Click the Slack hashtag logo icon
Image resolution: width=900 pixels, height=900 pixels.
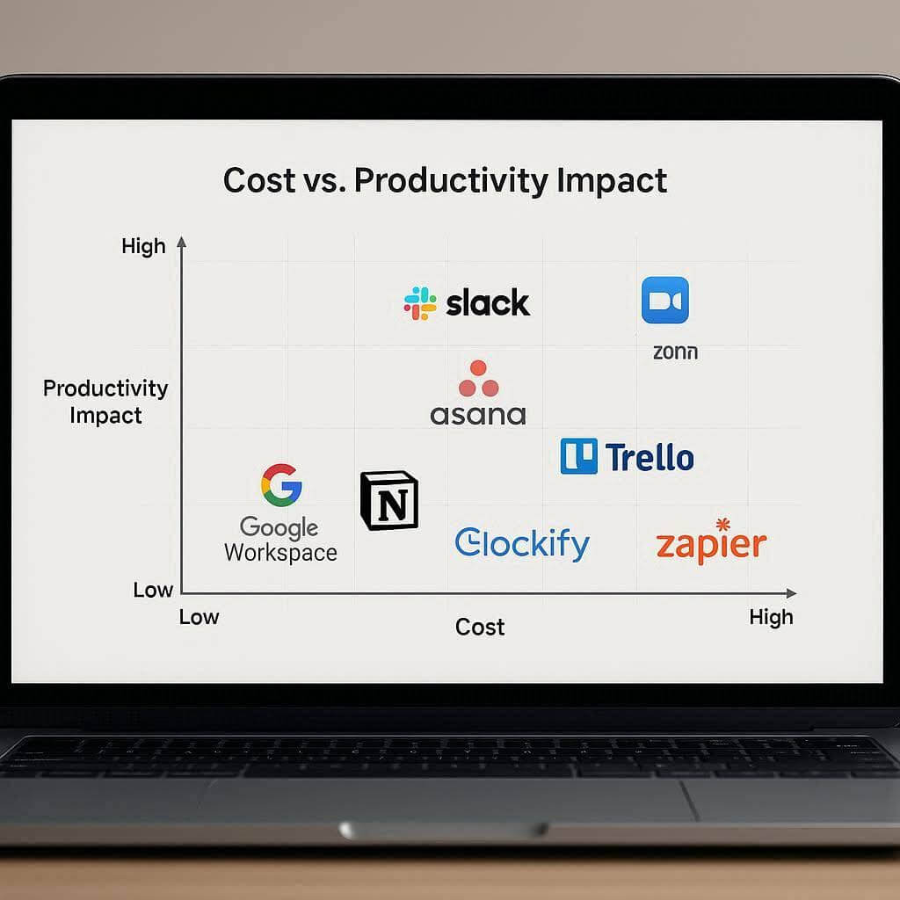(420, 303)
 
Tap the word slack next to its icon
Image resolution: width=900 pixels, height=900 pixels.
(488, 304)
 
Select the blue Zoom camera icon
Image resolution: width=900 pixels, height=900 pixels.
(665, 301)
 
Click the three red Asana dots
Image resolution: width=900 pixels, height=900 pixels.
(478, 379)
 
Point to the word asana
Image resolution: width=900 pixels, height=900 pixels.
(478, 414)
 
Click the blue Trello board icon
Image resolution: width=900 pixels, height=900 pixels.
(578, 457)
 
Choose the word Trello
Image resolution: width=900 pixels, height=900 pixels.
(650, 457)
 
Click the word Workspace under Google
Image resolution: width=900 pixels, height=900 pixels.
(280, 553)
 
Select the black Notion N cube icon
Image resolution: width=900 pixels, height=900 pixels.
(389, 500)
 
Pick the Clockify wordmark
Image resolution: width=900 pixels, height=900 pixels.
(522, 544)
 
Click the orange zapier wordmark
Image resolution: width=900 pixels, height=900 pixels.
(711, 543)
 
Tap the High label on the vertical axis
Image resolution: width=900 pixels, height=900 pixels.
(143, 247)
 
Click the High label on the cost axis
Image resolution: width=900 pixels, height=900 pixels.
(771, 617)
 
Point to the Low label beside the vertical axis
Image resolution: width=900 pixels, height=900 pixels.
(153, 590)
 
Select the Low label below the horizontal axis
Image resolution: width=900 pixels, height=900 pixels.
(199, 617)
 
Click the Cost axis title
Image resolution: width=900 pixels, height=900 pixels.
(480, 627)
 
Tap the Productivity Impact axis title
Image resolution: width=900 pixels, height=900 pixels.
(105, 402)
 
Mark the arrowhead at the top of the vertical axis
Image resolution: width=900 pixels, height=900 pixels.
(182, 241)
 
